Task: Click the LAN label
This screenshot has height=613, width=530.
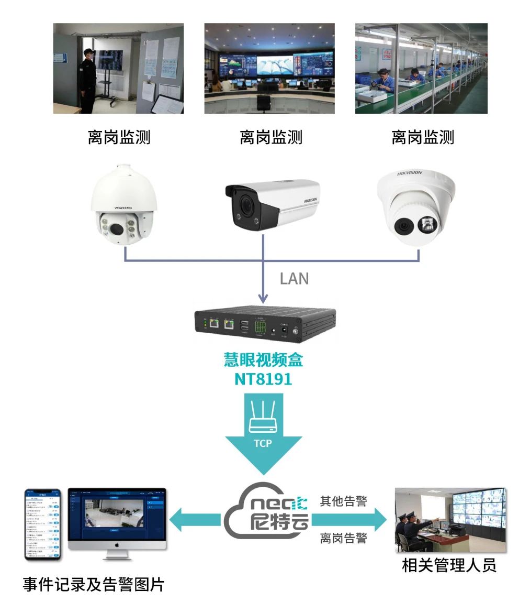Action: tap(294, 279)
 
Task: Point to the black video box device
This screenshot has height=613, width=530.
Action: tap(265, 324)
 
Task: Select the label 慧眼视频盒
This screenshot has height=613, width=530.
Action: tap(263, 360)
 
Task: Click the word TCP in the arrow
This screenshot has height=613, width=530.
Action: tap(263, 443)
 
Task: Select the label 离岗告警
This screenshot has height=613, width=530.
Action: tap(343, 538)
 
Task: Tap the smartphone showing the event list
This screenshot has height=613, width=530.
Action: tap(43, 524)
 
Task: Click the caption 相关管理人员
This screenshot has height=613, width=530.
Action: tap(449, 566)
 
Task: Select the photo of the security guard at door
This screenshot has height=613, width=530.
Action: tap(118, 69)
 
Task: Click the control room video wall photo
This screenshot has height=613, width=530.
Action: tap(269, 69)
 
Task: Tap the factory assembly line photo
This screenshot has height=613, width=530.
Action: tap(421, 69)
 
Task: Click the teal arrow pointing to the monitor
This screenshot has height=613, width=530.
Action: tap(196, 520)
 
